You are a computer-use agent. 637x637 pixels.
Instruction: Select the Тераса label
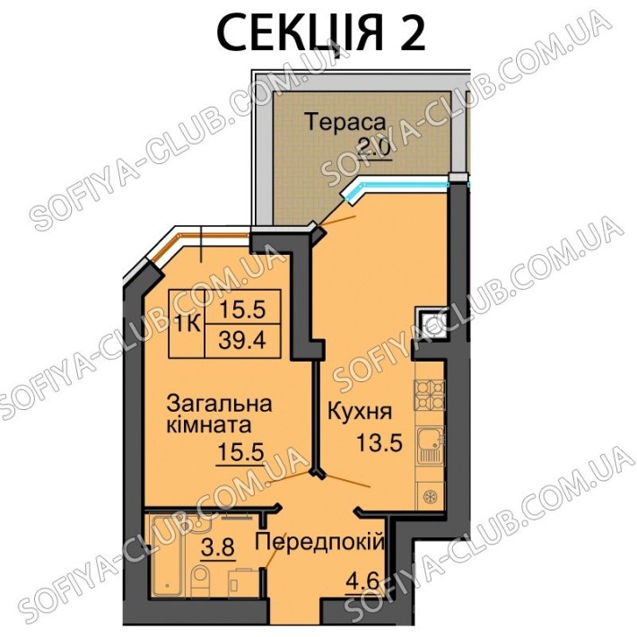[345, 122]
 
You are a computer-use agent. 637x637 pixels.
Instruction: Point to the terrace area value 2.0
[374, 146]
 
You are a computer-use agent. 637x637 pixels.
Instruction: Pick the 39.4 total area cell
[242, 341]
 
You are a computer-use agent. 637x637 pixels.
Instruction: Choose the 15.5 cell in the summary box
[242, 310]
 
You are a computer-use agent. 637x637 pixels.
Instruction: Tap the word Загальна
[220, 406]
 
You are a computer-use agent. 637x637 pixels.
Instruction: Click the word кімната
[209, 425]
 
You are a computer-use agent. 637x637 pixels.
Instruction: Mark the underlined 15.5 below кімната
[241, 452]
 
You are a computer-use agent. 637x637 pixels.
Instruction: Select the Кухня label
[360, 411]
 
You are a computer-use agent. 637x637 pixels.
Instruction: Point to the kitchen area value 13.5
[380, 442]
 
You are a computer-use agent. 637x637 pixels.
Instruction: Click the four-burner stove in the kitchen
[429, 395]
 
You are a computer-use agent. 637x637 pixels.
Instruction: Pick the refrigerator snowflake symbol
[429, 496]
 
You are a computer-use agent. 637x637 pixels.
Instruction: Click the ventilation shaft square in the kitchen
[431, 323]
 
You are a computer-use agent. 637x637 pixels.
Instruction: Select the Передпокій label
[319, 542]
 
